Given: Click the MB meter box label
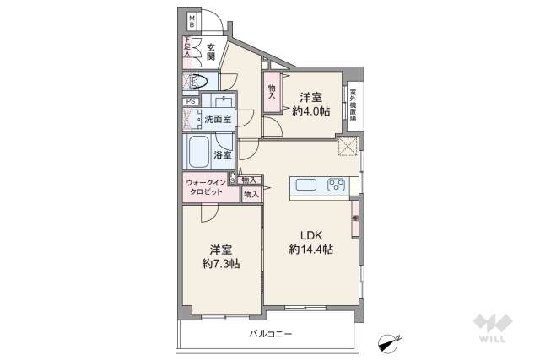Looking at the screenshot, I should [192, 21].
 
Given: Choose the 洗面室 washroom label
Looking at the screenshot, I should [218, 119].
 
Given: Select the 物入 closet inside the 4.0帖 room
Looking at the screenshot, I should [273, 92].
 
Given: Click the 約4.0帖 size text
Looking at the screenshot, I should [311, 110].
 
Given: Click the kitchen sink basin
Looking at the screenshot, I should [305, 186].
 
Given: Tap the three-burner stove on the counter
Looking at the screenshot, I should [336, 186].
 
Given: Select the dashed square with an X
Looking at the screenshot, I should [346, 147].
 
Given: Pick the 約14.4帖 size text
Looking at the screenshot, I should [310, 250].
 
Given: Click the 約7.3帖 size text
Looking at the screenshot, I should [221, 264].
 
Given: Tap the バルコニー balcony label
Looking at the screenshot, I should [270, 335].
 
